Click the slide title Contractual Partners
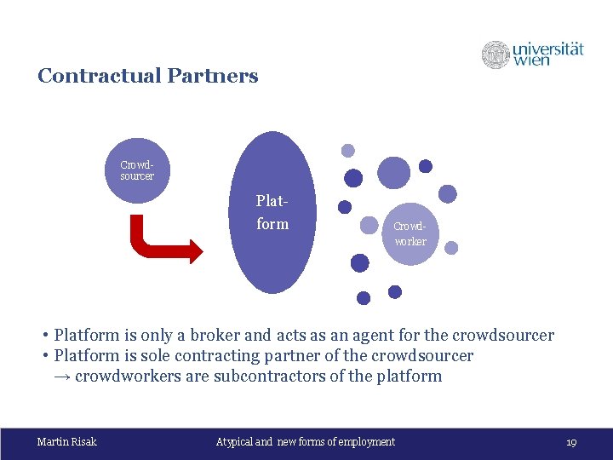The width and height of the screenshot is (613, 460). [147, 76]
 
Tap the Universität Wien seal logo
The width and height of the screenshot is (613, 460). [496, 55]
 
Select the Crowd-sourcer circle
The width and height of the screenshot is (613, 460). [137, 171]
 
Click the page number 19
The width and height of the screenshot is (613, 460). [571, 442]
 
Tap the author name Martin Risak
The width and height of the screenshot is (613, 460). [67, 441]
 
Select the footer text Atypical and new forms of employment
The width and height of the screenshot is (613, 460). [306, 441]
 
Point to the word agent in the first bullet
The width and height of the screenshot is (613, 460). [375, 336]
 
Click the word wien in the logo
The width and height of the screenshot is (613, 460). [531, 60]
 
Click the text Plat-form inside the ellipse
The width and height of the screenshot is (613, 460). [272, 213]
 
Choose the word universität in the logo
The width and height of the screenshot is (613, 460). [548, 48]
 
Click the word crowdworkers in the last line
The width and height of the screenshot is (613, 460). [129, 376]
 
